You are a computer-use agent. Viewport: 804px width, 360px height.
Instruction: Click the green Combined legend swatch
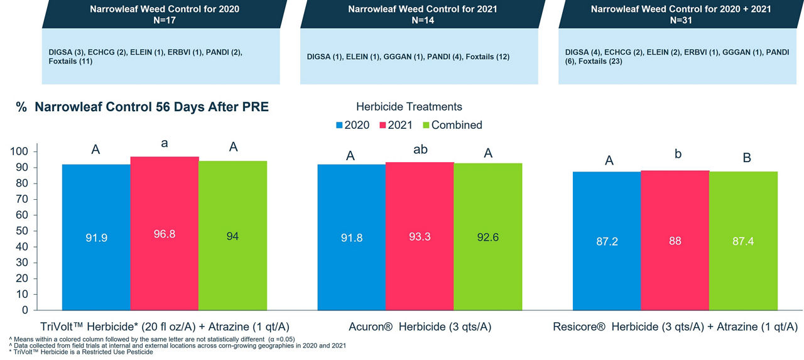pos(425,125)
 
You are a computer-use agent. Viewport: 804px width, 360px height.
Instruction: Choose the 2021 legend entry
pos(394,125)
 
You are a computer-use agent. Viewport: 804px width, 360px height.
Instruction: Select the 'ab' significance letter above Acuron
pos(419,151)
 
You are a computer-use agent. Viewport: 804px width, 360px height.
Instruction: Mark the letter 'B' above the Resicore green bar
pos(747,158)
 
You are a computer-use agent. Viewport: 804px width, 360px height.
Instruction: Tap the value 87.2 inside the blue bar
pos(607,241)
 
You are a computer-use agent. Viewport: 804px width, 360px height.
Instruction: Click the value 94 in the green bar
pos(232,236)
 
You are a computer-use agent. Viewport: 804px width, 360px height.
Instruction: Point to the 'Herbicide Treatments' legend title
pos(409,107)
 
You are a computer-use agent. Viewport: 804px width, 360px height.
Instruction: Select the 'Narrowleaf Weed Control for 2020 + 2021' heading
pos(680,9)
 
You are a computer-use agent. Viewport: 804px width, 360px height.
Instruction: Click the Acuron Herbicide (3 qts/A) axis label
pos(420,327)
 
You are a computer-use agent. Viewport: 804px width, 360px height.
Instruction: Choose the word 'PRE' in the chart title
pos(253,107)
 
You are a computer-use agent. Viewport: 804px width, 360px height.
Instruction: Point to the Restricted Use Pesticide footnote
pos(82,352)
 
